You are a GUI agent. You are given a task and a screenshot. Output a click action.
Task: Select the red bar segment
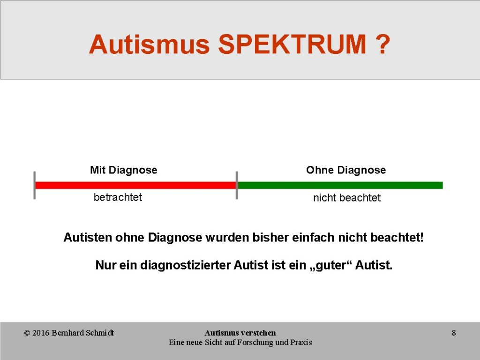[x=136, y=185]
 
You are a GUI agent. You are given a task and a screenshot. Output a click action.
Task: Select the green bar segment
[x=340, y=185]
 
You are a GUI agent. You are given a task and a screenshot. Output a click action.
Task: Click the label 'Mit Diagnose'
[x=124, y=170]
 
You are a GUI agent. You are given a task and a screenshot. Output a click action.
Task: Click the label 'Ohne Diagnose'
[x=346, y=170]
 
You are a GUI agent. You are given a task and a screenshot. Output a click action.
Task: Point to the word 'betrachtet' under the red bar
[x=118, y=197]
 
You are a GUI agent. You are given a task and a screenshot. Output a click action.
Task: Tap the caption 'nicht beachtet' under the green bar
[x=347, y=198]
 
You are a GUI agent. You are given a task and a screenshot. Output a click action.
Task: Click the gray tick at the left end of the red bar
[x=35, y=185]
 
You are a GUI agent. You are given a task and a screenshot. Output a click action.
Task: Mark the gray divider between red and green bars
[x=237, y=185]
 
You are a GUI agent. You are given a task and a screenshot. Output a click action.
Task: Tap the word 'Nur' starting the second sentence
[x=105, y=265]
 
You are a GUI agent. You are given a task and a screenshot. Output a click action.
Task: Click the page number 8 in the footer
[x=454, y=333]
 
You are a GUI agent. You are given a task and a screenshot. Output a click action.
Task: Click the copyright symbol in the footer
[x=27, y=333]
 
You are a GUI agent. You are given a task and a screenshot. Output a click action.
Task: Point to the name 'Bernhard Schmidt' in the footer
[x=82, y=333]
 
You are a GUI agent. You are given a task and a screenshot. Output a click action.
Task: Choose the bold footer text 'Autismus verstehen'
[x=240, y=333]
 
